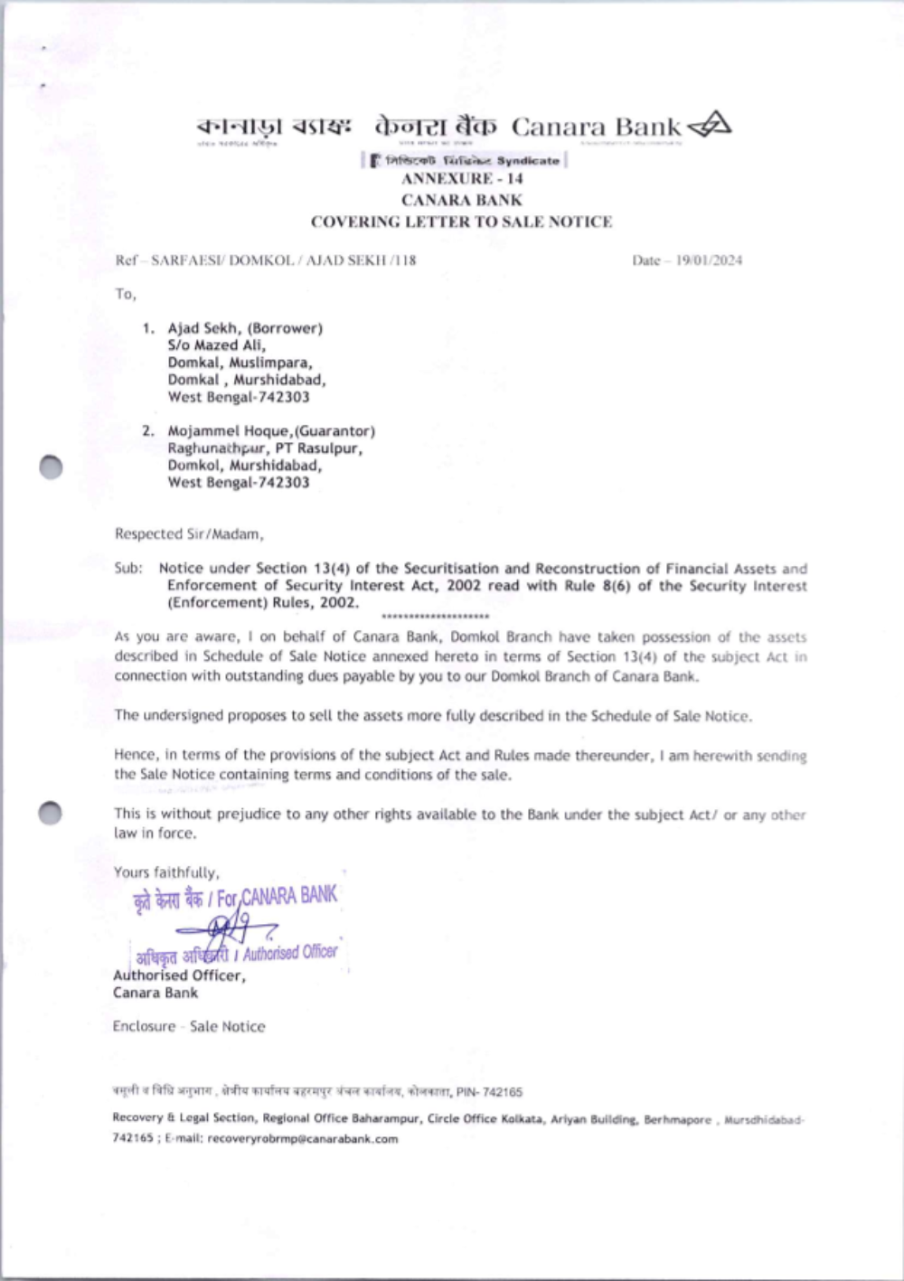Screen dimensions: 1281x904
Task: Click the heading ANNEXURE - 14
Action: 462,179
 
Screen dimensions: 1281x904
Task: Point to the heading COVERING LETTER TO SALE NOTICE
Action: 461,221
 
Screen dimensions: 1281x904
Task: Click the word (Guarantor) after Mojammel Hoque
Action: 335,431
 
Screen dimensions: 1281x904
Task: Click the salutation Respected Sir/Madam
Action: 189,534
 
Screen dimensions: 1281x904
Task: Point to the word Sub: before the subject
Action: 128,569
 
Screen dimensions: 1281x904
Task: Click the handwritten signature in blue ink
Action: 226,927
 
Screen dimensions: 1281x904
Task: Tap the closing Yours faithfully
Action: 166,872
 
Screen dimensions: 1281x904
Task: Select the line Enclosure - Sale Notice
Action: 189,1026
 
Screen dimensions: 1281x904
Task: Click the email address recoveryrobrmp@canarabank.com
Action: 302,1139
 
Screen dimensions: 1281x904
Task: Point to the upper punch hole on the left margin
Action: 51,466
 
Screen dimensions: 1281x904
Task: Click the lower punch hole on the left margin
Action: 51,813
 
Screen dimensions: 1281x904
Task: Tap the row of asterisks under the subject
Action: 436,617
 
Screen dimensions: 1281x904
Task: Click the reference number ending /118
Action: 266,260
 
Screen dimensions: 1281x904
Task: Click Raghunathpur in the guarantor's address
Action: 217,448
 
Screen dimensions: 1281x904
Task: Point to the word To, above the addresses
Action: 125,294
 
